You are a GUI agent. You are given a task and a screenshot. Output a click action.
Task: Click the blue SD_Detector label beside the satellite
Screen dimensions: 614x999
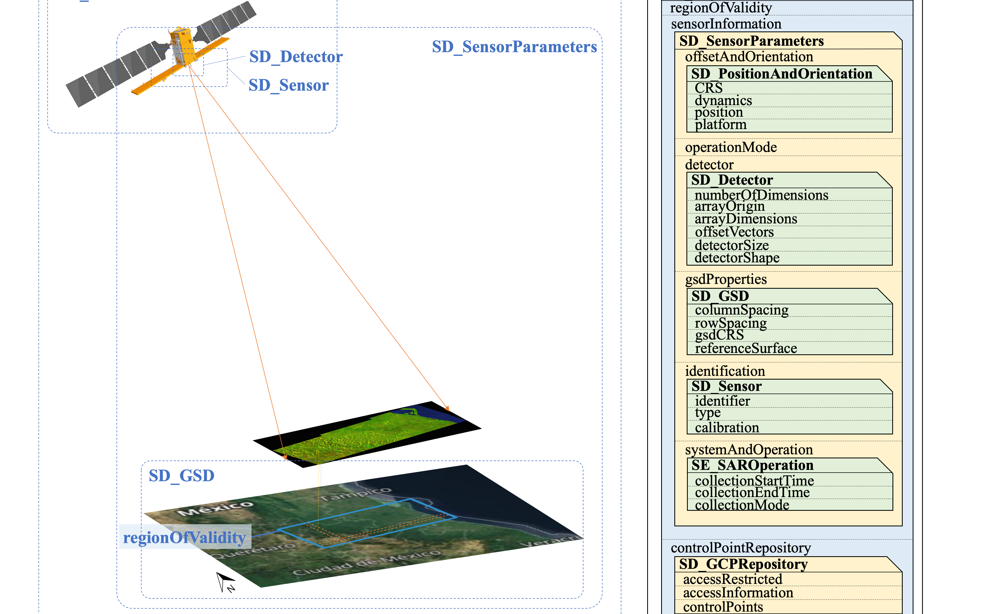[x=296, y=57]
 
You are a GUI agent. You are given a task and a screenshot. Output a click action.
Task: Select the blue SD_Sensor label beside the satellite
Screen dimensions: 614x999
[x=288, y=85]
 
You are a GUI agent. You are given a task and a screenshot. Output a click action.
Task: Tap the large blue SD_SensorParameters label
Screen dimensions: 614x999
[x=514, y=47]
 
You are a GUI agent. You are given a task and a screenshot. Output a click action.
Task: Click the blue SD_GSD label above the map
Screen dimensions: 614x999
[x=181, y=476]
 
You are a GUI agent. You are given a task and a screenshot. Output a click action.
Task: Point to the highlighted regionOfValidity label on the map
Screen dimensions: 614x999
[x=185, y=537]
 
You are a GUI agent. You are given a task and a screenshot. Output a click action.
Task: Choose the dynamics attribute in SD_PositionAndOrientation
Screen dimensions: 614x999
[x=723, y=100]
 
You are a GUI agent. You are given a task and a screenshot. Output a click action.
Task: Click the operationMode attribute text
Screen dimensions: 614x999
[x=731, y=147]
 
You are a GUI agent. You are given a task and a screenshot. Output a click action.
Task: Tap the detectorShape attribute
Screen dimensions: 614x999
[x=736, y=258]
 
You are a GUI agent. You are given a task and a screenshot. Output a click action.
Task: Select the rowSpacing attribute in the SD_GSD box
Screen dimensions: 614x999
[x=731, y=323]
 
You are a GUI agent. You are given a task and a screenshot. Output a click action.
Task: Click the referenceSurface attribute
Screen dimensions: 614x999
[x=746, y=348]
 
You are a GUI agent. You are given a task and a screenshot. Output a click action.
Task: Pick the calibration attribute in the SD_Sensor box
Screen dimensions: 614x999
[x=727, y=428]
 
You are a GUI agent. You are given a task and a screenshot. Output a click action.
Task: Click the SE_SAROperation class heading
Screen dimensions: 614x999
[x=752, y=465]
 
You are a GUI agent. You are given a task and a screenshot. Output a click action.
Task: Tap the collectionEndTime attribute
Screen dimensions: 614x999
[x=752, y=492]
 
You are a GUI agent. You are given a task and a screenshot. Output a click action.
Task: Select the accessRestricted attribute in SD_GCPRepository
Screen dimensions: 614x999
[x=732, y=579]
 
